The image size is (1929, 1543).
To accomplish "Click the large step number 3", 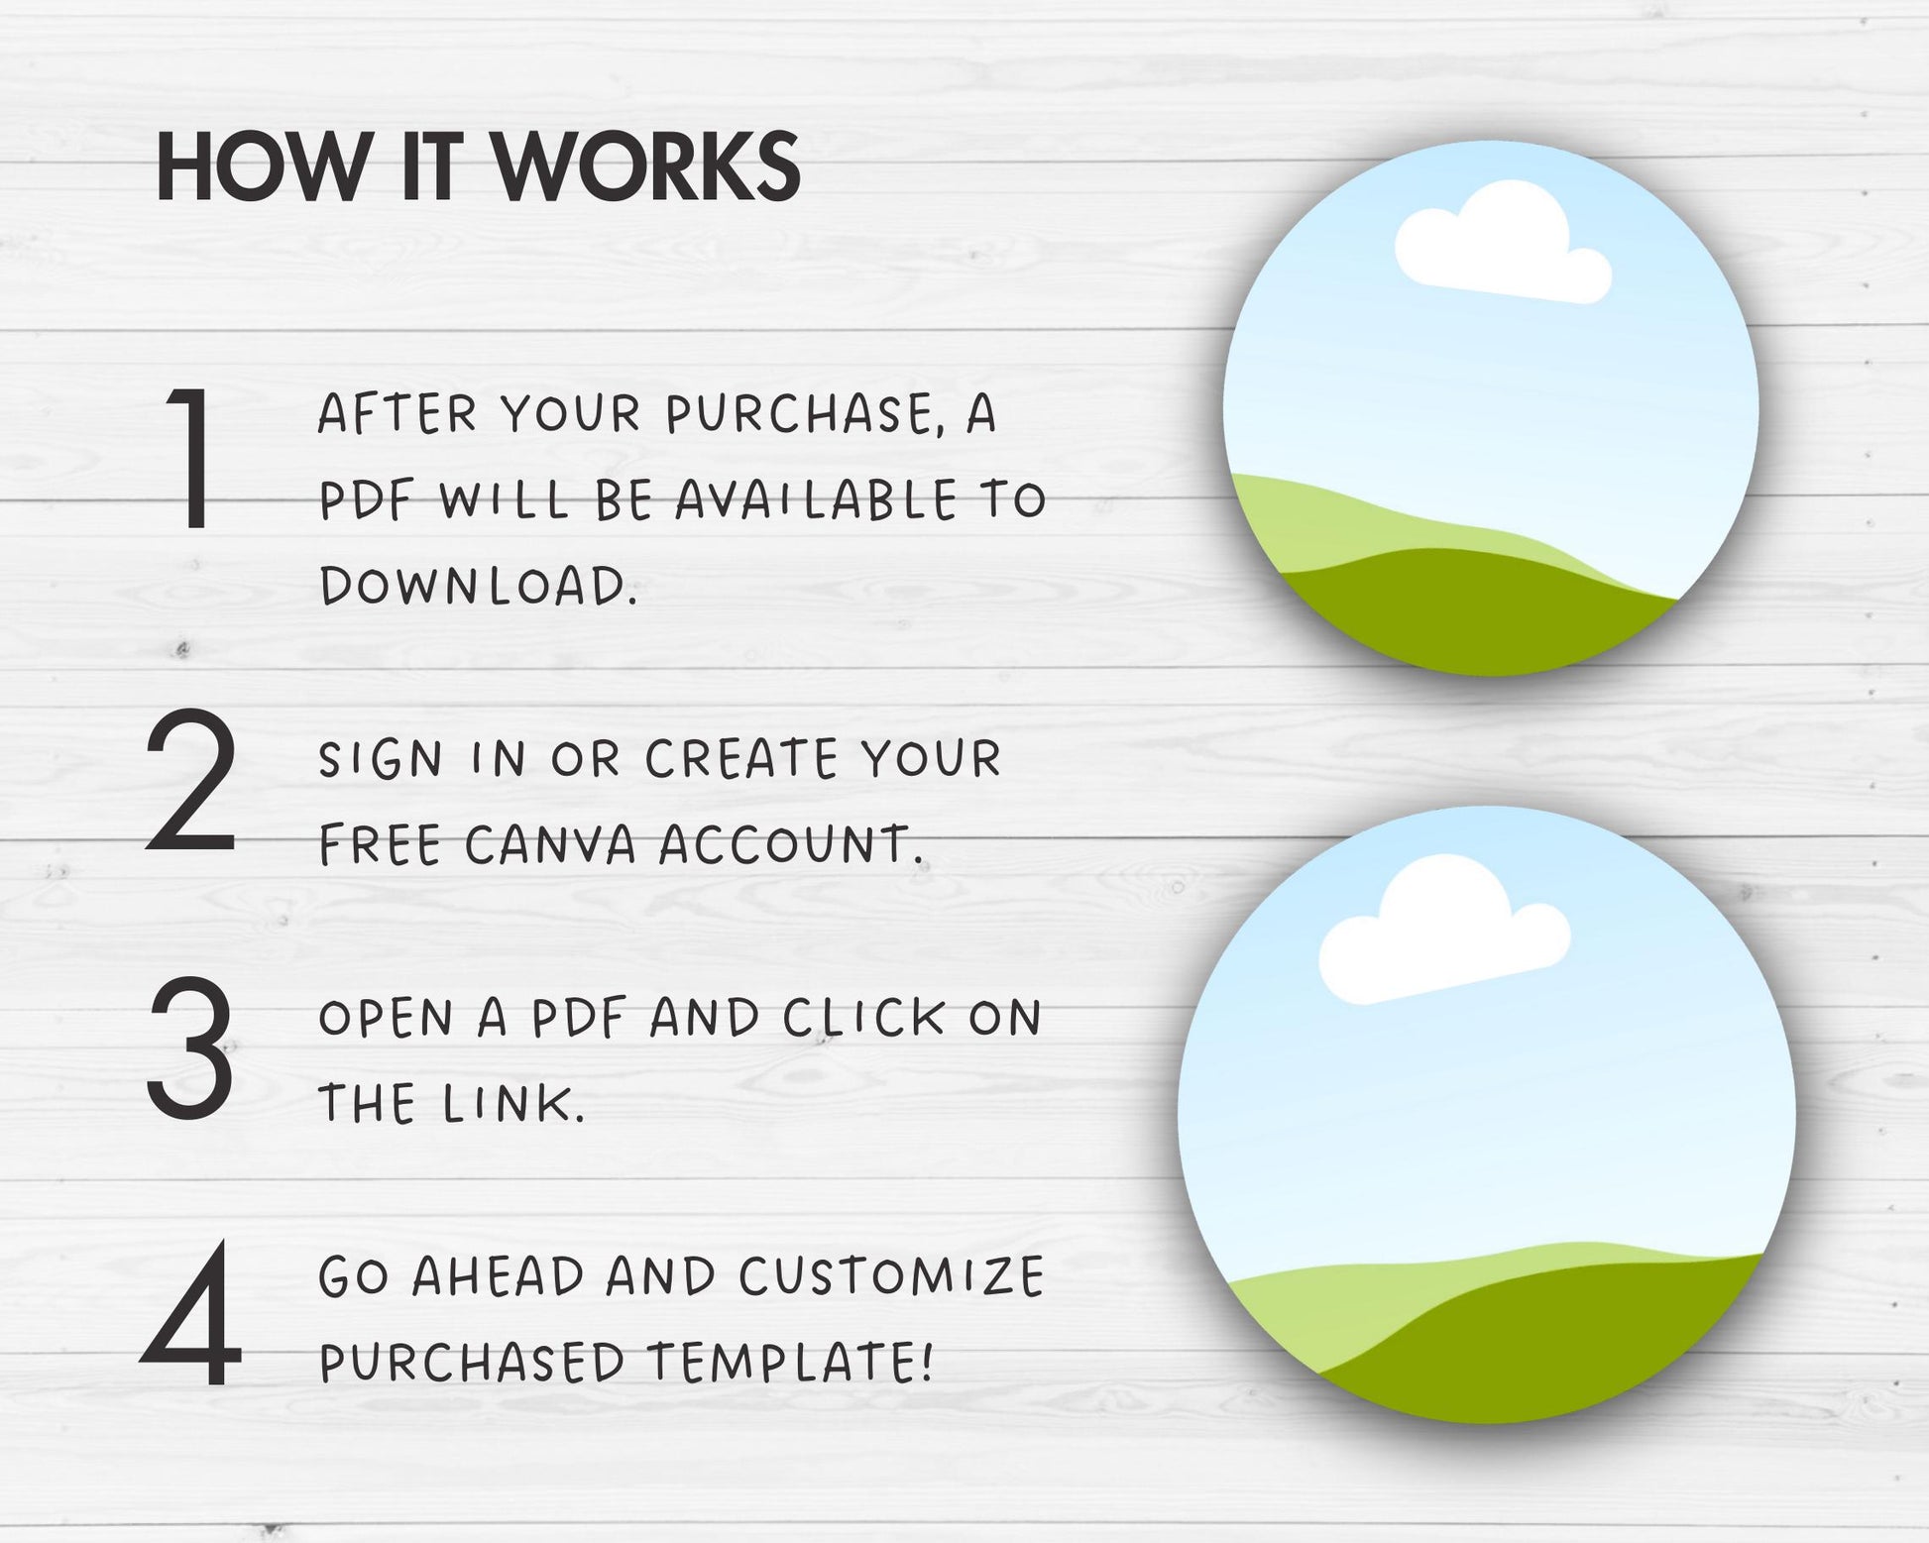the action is tap(190, 1047).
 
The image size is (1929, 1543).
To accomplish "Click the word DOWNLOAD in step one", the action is tap(478, 585).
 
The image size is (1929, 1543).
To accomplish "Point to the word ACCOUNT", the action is tap(791, 845).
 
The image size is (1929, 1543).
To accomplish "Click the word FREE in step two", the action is tap(380, 845).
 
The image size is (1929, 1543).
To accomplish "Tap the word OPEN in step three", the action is tap(386, 1018).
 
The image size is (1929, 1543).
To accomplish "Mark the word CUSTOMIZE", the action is tap(891, 1275).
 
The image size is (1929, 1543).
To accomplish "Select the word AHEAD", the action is tap(498, 1275).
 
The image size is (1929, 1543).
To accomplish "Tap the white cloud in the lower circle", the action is tap(1443, 932).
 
